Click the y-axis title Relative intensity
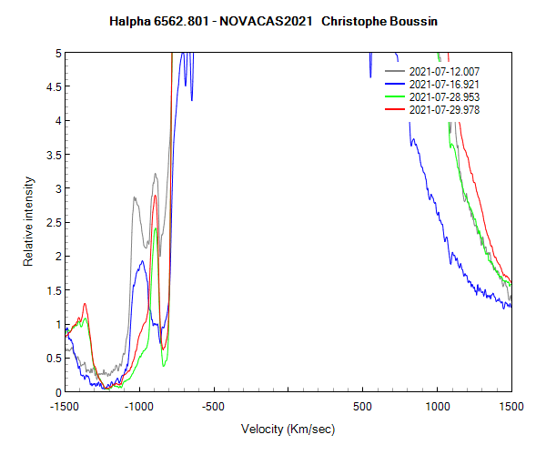pos(29,223)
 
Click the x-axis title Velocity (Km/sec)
pos(288,429)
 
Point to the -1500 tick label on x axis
pos(66,407)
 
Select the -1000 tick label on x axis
pos(139,407)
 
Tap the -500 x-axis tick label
pos(214,407)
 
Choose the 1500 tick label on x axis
pos(511,407)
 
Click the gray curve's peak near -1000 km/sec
pos(135,197)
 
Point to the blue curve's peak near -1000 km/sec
pos(142,261)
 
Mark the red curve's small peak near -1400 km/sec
pos(85,304)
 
